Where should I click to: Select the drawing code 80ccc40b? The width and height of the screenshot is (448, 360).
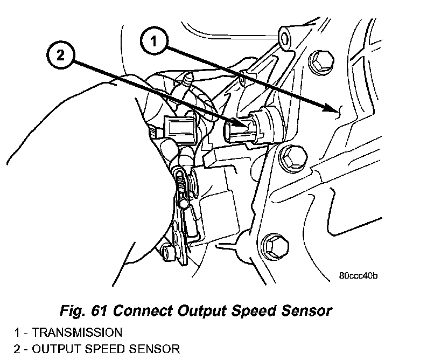tap(359, 276)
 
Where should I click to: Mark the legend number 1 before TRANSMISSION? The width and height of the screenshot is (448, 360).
tap(17, 333)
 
